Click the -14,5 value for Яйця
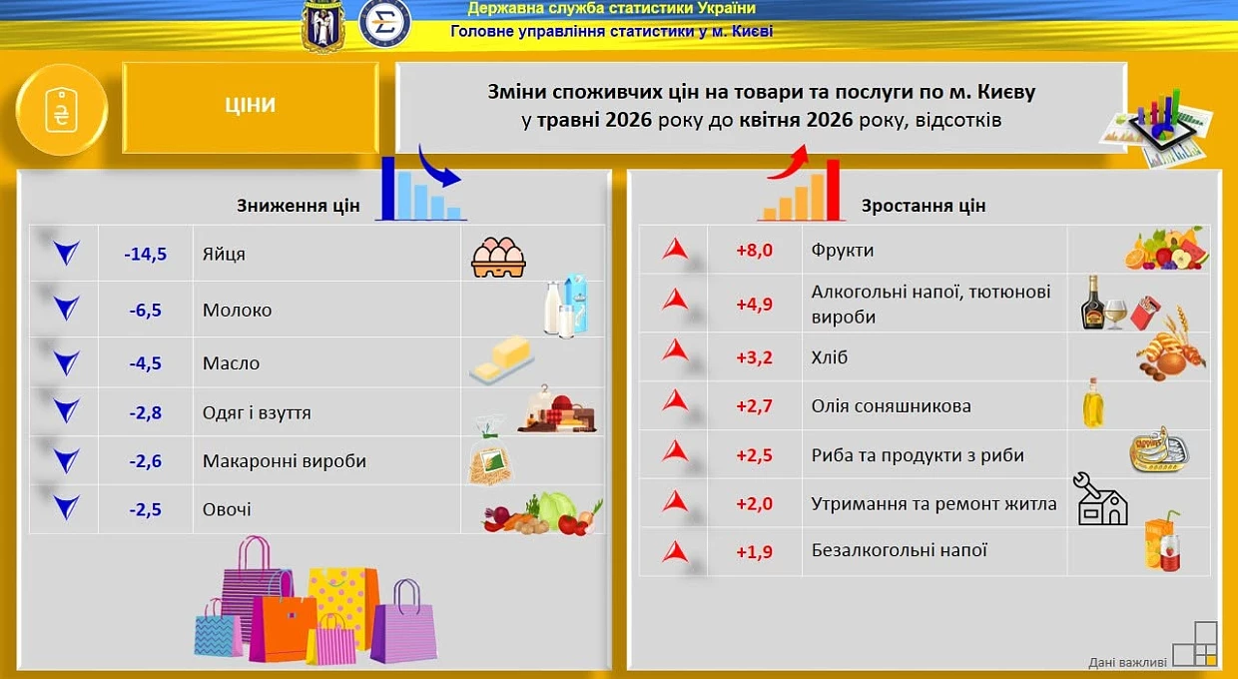(x=146, y=254)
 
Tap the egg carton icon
(x=498, y=258)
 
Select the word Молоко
(x=237, y=310)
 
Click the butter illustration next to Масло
(x=502, y=359)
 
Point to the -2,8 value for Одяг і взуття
(x=146, y=412)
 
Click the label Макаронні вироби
(x=285, y=460)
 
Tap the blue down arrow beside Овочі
(x=66, y=507)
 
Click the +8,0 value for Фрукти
(x=754, y=250)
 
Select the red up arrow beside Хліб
(x=675, y=350)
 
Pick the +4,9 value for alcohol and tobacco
(x=754, y=305)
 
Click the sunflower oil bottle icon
(x=1092, y=403)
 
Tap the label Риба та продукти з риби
(x=918, y=455)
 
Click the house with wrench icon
(x=1100, y=498)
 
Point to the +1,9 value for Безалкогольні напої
(x=754, y=552)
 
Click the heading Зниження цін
(x=299, y=205)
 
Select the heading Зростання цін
(x=924, y=205)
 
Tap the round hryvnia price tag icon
(x=61, y=110)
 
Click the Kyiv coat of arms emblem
(x=323, y=26)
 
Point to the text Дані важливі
(x=1127, y=662)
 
